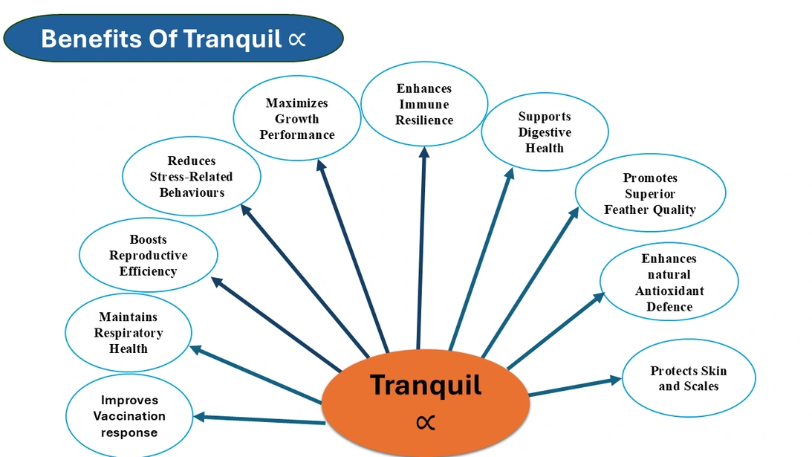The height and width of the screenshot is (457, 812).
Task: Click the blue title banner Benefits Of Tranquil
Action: pyautogui.click(x=173, y=38)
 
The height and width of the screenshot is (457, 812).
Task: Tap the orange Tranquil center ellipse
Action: pyautogui.click(x=426, y=402)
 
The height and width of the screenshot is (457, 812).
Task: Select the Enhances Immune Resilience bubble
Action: pyautogui.click(x=424, y=104)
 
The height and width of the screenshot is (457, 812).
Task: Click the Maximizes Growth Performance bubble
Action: pyautogui.click(x=296, y=119)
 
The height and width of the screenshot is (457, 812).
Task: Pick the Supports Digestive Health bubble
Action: pyautogui.click(x=545, y=132)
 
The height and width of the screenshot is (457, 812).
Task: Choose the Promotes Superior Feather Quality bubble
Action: pyautogui.click(x=650, y=194)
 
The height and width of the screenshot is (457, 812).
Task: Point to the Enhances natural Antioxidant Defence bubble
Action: pyautogui.click(x=669, y=282)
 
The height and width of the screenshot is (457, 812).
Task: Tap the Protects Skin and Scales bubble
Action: pyautogui.click(x=689, y=378)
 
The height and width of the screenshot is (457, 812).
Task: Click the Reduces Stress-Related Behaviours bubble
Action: pyautogui.click(x=191, y=177)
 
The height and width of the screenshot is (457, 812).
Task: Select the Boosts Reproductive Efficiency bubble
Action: pyautogui.click(x=148, y=256)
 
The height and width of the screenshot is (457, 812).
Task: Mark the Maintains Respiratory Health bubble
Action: pyautogui.click(x=129, y=333)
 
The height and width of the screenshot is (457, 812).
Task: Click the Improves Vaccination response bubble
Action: pyautogui.click(x=129, y=416)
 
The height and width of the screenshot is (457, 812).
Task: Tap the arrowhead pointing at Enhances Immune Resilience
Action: pyautogui.click(x=424, y=152)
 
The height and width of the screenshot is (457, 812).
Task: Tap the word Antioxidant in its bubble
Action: pyautogui.click(x=669, y=291)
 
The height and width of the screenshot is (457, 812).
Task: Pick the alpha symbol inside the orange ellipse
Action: pyautogui.click(x=426, y=423)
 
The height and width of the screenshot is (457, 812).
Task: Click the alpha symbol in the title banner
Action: pyautogui.click(x=296, y=39)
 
